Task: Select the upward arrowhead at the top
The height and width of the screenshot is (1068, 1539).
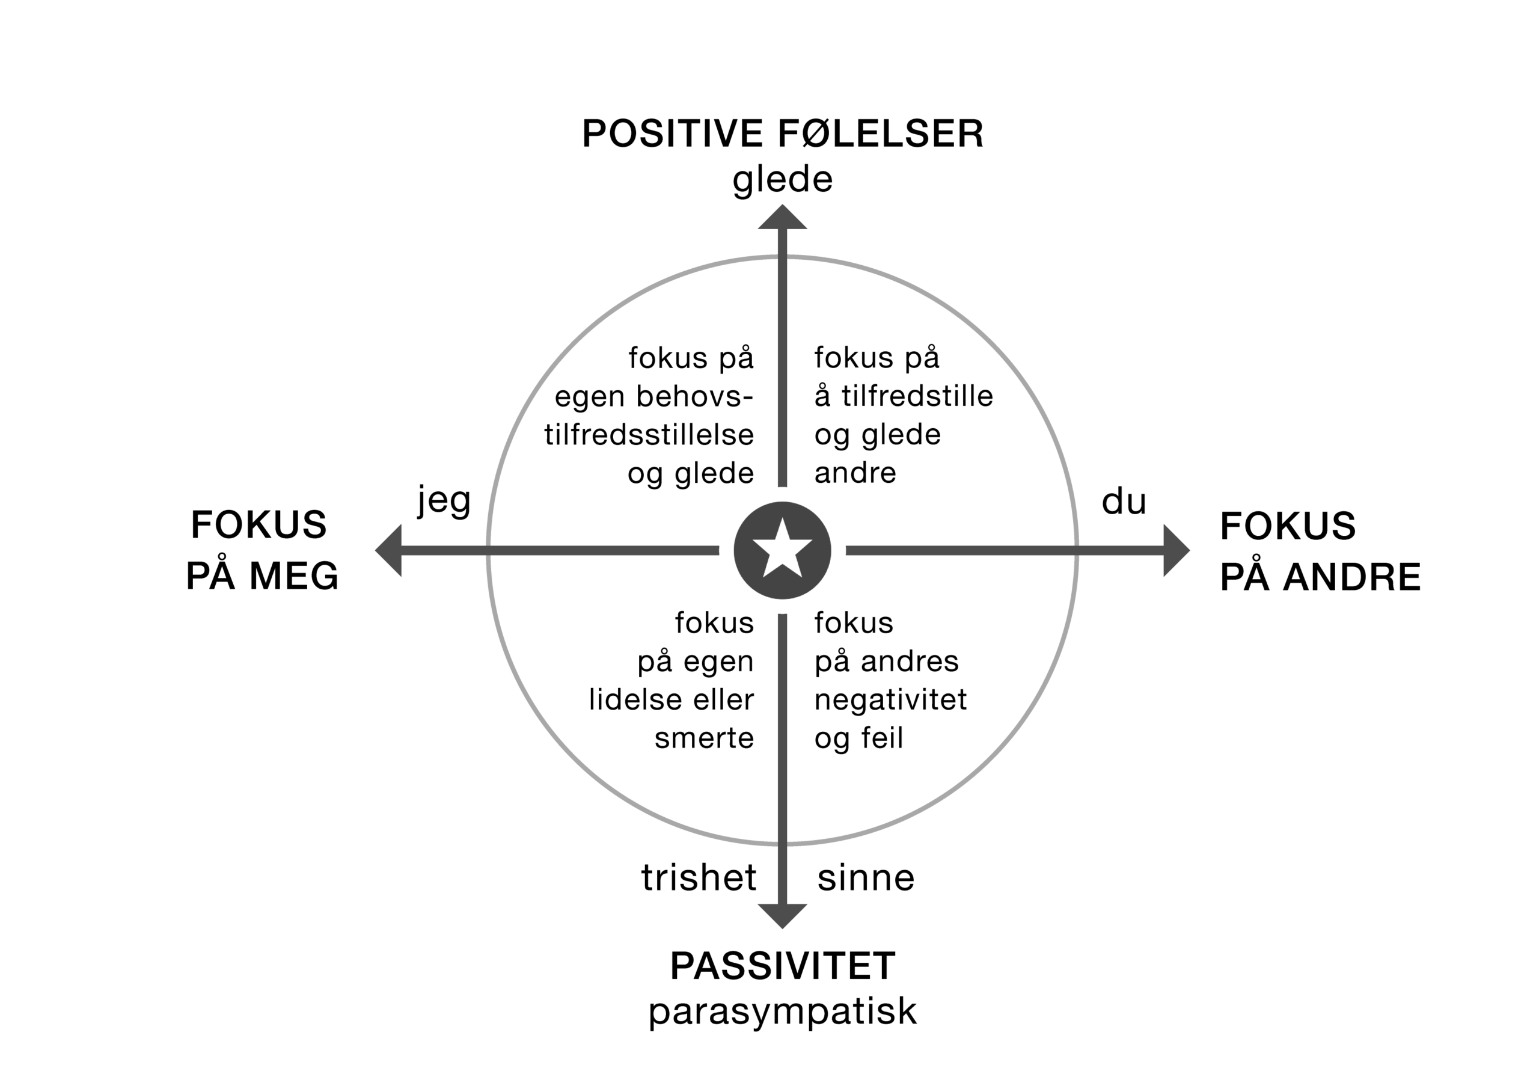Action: click(783, 217)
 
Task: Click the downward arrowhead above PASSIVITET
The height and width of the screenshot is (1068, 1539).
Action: click(783, 916)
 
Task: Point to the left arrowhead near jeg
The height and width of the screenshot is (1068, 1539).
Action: click(388, 550)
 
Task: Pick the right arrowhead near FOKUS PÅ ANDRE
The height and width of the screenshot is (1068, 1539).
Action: click(1176, 550)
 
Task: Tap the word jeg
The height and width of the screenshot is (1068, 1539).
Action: click(445, 501)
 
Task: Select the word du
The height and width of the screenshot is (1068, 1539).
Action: click(1124, 500)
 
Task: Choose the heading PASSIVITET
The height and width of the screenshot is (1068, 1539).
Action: click(783, 966)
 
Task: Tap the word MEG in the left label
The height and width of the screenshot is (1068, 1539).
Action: click(295, 575)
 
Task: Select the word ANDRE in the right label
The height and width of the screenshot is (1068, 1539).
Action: click(1351, 577)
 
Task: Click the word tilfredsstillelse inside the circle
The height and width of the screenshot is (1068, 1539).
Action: click(649, 435)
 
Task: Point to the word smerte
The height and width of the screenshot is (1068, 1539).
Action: click(705, 738)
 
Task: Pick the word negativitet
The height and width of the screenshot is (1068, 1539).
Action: click(891, 700)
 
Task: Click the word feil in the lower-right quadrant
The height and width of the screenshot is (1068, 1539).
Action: click(882, 737)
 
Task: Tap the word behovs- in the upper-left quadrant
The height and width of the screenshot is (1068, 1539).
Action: click(695, 396)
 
